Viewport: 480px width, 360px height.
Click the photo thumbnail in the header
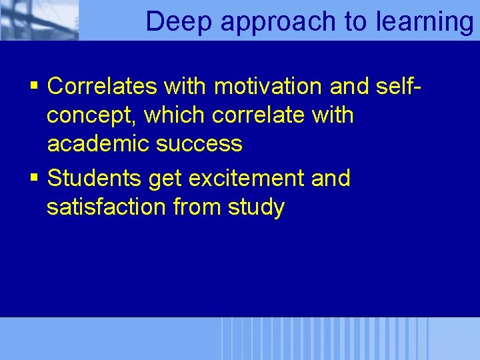39,20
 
